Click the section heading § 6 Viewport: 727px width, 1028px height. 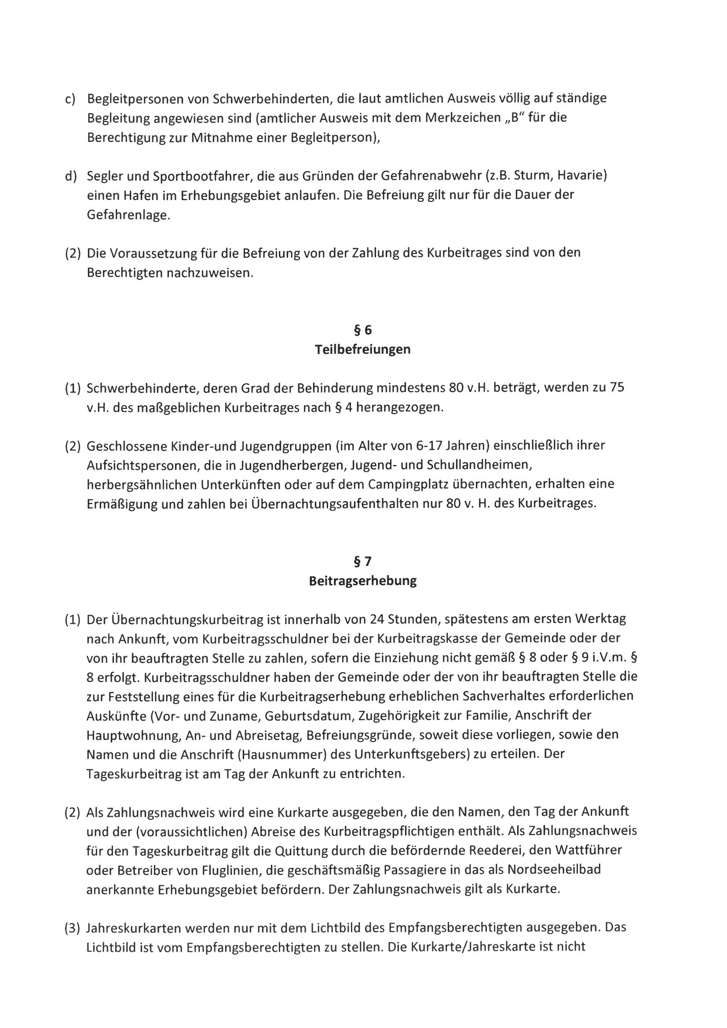363,330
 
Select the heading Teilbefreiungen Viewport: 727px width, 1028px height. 363,349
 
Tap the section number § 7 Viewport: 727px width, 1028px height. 363,561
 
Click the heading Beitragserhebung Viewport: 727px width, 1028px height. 363,581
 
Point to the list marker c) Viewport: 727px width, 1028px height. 70,98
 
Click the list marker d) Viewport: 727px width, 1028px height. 70,176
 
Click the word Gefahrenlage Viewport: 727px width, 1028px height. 128,215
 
